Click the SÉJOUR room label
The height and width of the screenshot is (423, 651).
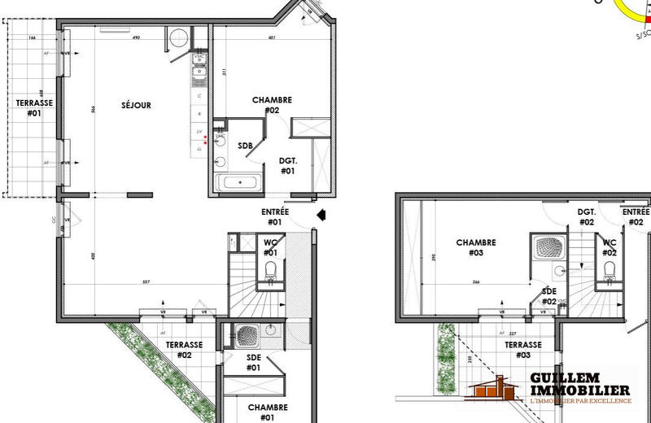coord(136,106)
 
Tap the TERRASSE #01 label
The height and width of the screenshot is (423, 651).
coord(33,108)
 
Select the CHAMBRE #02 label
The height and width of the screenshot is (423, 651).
coord(272,105)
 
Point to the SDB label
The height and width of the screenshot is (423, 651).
coord(244,146)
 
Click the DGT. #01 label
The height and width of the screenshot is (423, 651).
coord(287,166)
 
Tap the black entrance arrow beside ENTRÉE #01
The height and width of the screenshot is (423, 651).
coord(321,216)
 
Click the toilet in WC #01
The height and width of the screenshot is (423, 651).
coord(270,272)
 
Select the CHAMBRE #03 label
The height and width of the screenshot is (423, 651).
coord(475,247)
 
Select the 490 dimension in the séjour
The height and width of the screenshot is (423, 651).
coord(138,37)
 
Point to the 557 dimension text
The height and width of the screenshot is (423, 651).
coord(145,282)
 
